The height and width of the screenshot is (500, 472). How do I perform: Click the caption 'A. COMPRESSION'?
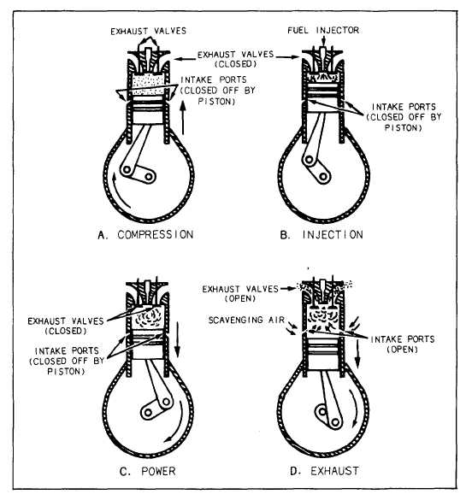(x=145, y=235)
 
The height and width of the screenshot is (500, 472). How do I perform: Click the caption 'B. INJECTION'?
(x=322, y=235)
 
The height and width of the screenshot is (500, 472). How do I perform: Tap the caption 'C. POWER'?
(x=147, y=471)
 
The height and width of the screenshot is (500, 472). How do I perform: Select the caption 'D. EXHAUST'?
(x=324, y=471)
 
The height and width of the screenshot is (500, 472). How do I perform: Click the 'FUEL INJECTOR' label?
(x=323, y=30)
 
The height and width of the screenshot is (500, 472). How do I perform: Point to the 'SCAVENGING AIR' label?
(x=246, y=320)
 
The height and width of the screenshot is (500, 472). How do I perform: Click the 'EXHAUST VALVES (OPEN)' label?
(x=240, y=294)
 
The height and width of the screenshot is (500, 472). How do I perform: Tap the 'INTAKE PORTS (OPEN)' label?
(x=403, y=344)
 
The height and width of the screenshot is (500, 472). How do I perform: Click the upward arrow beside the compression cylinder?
(x=183, y=118)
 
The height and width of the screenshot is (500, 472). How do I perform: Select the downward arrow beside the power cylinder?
(x=177, y=340)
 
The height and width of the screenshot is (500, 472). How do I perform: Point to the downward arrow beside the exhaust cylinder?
(x=357, y=354)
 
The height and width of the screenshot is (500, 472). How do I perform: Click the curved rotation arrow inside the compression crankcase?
(x=118, y=191)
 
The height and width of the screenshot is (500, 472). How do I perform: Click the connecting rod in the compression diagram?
(x=136, y=149)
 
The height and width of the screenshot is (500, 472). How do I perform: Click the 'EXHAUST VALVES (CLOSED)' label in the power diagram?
(x=66, y=326)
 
